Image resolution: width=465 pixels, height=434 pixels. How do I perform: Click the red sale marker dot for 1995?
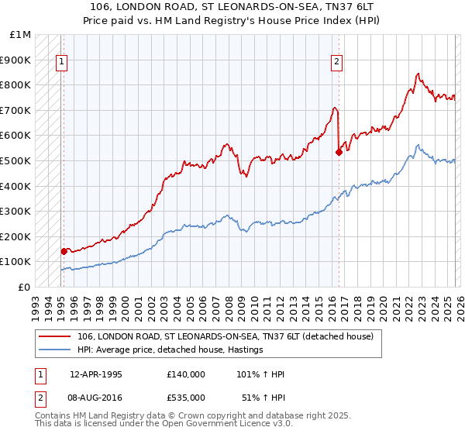[x=64, y=251]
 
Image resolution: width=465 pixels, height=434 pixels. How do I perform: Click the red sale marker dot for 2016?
[x=339, y=152]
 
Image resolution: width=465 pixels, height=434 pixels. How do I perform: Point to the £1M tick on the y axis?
[x=21, y=35]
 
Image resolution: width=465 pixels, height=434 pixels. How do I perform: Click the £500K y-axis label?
[x=17, y=160]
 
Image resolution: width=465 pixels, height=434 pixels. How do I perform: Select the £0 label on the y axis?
[x=23, y=287]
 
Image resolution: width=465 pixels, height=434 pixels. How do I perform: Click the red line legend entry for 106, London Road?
[x=225, y=336]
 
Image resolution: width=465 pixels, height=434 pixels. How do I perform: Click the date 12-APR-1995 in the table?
[x=96, y=374]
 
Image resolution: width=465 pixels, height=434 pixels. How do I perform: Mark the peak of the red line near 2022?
[x=418, y=74]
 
